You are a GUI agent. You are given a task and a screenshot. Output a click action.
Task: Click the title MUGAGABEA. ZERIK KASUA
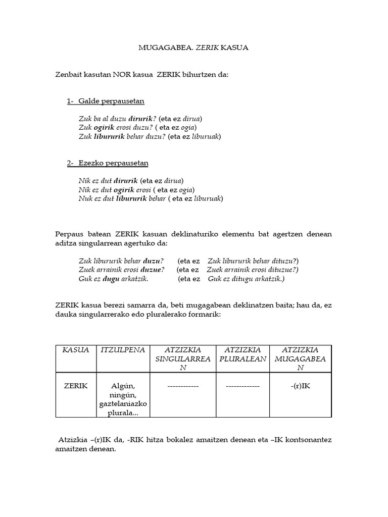pyautogui.click(x=193, y=48)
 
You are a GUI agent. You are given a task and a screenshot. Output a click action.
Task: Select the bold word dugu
pyautogui.click(x=111, y=279)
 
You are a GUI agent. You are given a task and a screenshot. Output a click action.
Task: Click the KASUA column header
pyautogui.click(x=76, y=350)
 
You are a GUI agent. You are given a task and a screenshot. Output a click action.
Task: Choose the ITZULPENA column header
pyautogui.click(x=123, y=350)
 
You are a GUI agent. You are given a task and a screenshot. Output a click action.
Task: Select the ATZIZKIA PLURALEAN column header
pyautogui.click(x=243, y=354)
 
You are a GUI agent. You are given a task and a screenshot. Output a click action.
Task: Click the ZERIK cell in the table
pyautogui.click(x=76, y=386)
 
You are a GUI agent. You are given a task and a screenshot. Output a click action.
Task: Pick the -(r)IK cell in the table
pyautogui.click(x=300, y=386)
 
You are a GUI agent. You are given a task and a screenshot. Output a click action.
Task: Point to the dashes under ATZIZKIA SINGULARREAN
pyautogui.click(x=182, y=386)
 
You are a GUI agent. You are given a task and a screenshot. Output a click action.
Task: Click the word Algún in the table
pyautogui.click(x=123, y=386)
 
